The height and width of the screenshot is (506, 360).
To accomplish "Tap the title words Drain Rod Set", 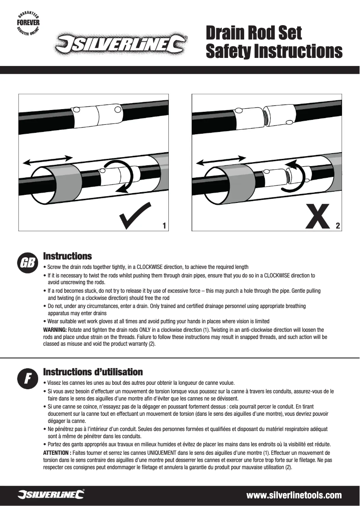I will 254,33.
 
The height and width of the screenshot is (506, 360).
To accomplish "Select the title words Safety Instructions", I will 273,52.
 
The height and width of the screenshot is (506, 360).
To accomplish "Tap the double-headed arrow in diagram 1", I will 47,159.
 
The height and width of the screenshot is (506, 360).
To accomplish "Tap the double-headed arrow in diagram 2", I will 221,159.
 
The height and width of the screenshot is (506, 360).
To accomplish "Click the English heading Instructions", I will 67,256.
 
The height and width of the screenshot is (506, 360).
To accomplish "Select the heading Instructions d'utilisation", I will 93,372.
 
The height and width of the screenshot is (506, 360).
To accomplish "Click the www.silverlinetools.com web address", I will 294,496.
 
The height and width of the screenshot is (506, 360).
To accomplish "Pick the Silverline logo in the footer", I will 51,495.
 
